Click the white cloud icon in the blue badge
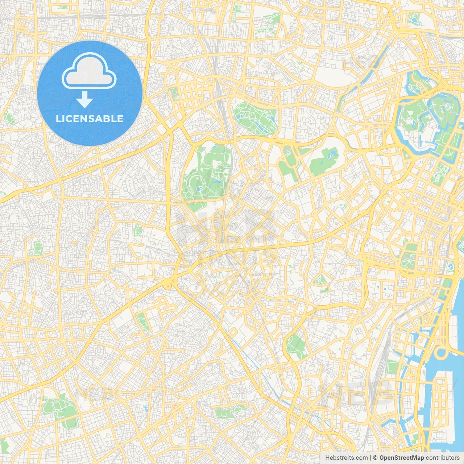click(89, 71)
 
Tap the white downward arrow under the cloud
click(84, 100)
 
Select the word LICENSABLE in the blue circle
click(90, 119)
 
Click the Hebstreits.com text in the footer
click(346, 458)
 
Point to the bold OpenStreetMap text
click(401, 458)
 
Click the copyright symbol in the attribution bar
click(375, 458)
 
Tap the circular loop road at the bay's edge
click(441, 353)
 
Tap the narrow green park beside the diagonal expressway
click(142, 322)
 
